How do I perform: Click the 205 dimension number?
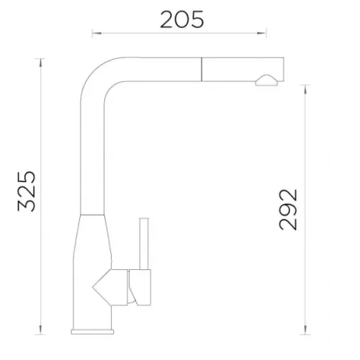coord(182,19)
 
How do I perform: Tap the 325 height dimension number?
coord(27,191)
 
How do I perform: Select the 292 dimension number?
coord(288,210)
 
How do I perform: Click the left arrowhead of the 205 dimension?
coord(97,33)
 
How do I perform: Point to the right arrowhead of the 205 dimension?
coord(261,33)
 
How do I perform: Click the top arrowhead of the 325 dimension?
coord(41,63)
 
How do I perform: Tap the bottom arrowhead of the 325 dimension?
coord(41,330)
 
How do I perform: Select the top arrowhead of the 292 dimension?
coord(305,89)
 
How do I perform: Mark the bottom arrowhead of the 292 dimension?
coord(305,330)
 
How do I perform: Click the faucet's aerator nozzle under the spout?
coord(266,81)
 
